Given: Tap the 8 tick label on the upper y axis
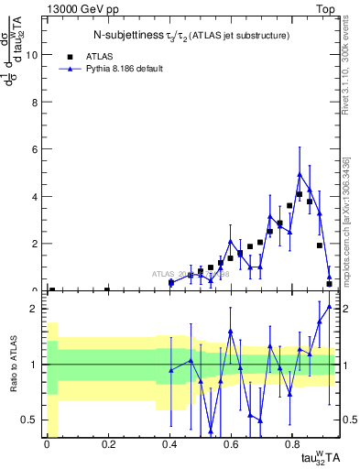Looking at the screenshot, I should [37, 102].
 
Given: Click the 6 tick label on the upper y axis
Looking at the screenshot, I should [37, 149].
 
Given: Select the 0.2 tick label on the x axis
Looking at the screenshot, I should [108, 447].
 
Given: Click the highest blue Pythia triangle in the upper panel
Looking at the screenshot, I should [300, 174].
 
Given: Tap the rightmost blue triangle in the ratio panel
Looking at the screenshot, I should [329, 306].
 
